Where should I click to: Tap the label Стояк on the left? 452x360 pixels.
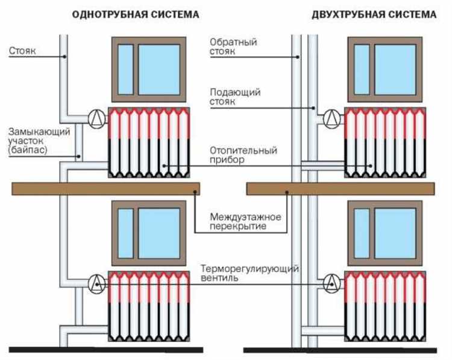coord(23,51)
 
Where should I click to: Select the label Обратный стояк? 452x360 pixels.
coord(233,47)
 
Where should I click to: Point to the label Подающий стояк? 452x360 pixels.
coord(234,97)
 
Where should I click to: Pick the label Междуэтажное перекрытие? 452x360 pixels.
coord(238,221)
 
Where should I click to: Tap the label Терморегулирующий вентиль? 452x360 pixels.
coord(250,274)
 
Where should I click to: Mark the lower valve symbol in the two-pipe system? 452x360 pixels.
coord(331,282)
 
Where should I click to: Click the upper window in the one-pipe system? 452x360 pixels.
coord(148,69)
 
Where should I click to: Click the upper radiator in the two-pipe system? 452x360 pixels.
coord(385,143)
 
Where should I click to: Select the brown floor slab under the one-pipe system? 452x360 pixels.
coord(106,189)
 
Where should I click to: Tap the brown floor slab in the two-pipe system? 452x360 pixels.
coord(341,189)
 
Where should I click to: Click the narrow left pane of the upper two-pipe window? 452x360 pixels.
coord(362,69)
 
